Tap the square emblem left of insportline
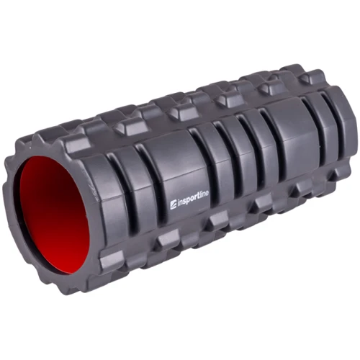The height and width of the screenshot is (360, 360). click(174, 205)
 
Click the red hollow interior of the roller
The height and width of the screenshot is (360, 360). click(54, 215)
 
